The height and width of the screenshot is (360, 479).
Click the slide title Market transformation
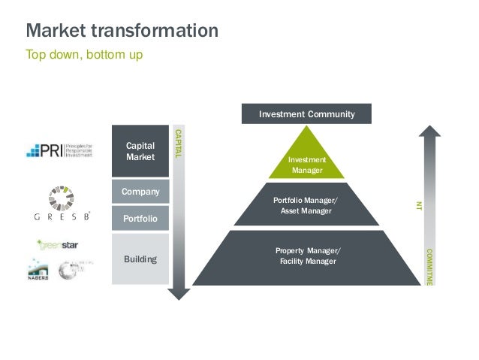pos(122,32)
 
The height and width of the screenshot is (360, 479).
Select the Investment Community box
pos(307,114)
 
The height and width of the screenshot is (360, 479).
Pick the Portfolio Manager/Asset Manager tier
pos(307,205)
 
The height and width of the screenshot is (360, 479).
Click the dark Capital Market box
pos(140,151)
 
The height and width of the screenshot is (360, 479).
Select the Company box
pos(140,192)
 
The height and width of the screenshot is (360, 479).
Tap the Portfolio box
pos(140,219)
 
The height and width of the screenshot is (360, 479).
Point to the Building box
pos(140,259)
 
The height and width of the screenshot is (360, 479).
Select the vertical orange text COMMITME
pos(429,266)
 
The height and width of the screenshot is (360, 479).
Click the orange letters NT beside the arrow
pos(420,204)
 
